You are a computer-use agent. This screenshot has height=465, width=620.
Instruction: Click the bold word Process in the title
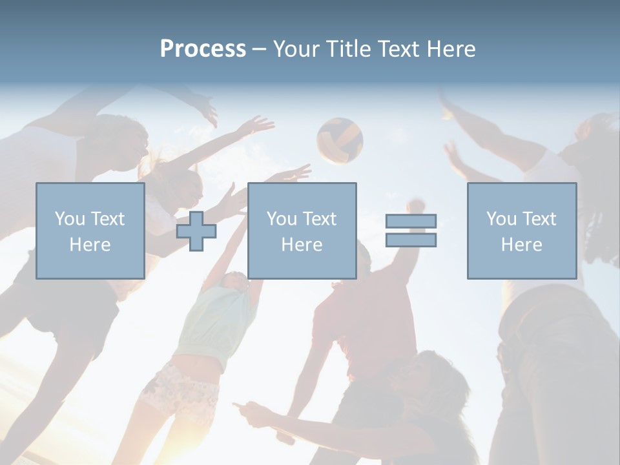click(x=203, y=49)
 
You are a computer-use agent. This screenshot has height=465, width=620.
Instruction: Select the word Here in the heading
click(x=451, y=49)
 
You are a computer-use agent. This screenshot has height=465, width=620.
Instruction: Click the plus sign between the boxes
click(x=196, y=231)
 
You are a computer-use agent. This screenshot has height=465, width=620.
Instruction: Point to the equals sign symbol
click(x=411, y=231)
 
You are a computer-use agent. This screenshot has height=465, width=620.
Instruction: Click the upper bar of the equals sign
click(x=411, y=222)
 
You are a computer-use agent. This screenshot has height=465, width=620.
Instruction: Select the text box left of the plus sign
click(x=90, y=231)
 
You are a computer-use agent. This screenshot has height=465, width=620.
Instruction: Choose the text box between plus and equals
click(x=302, y=231)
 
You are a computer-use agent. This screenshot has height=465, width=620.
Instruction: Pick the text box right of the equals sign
click(x=521, y=231)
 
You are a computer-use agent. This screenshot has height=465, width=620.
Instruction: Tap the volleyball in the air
click(x=340, y=140)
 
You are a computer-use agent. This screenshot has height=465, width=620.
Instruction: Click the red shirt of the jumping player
click(x=372, y=323)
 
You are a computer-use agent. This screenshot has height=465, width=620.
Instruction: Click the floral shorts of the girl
click(x=181, y=391)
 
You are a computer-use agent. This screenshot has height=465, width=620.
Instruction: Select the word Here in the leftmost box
click(x=90, y=245)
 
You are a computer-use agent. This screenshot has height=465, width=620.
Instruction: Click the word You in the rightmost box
click(x=501, y=219)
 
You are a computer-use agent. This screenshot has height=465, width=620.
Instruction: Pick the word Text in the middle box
click(x=320, y=219)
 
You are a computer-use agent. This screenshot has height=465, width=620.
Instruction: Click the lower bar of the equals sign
click(x=411, y=240)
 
